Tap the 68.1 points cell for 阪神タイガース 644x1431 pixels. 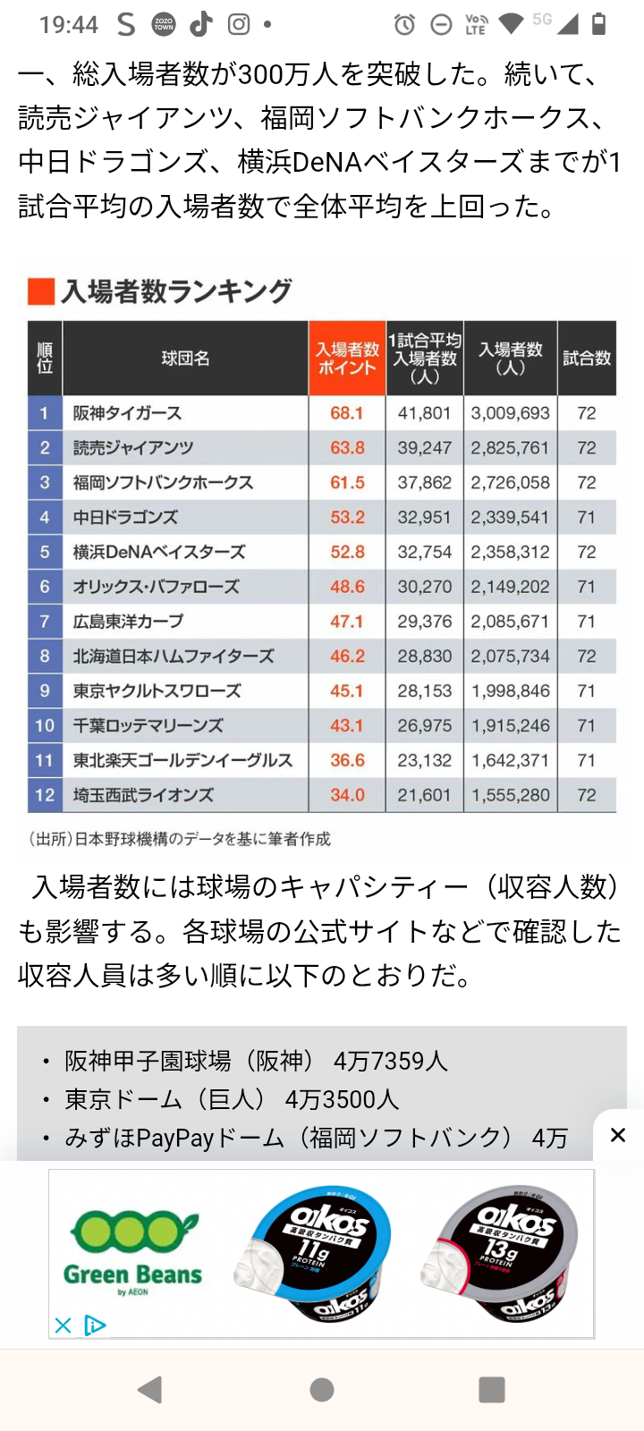tap(347, 413)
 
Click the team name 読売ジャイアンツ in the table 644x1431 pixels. tap(133, 448)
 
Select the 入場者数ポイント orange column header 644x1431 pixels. tap(347, 358)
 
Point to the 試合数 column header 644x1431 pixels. tap(587, 358)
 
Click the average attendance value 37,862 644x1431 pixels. tap(425, 483)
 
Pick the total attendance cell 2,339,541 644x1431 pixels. tap(511, 518)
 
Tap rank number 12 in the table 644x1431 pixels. tap(45, 795)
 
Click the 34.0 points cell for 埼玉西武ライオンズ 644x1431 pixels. tap(347, 795)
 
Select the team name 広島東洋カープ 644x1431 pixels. tap(129, 622)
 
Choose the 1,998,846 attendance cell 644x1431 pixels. tap(511, 691)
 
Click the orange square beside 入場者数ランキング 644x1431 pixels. tap(41, 292)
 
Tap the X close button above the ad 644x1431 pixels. tap(617, 1135)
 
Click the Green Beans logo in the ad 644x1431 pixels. tap(133, 1252)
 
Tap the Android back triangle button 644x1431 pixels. tap(150, 1389)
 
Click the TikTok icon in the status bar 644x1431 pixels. tap(201, 24)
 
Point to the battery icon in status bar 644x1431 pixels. tap(599, 24)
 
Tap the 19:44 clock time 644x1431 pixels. tap(69, 24)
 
